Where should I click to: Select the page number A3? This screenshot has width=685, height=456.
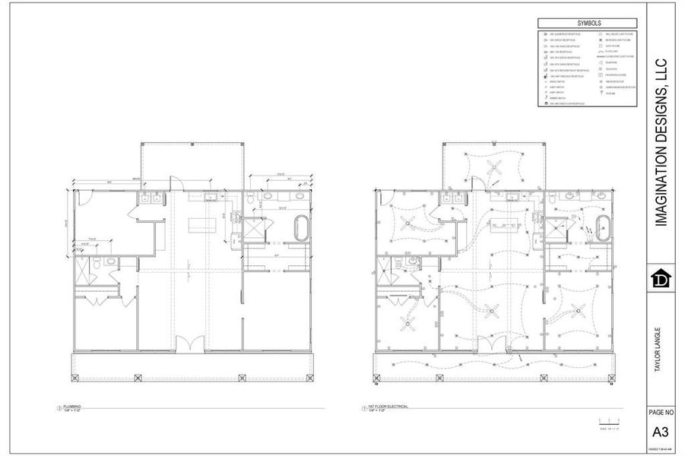tap(660, 432)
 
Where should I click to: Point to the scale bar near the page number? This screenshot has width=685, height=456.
tap(609, 423)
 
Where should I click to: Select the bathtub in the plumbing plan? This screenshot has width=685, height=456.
tap(303, 228)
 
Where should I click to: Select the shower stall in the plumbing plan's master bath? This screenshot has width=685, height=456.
tap(253, 227)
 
